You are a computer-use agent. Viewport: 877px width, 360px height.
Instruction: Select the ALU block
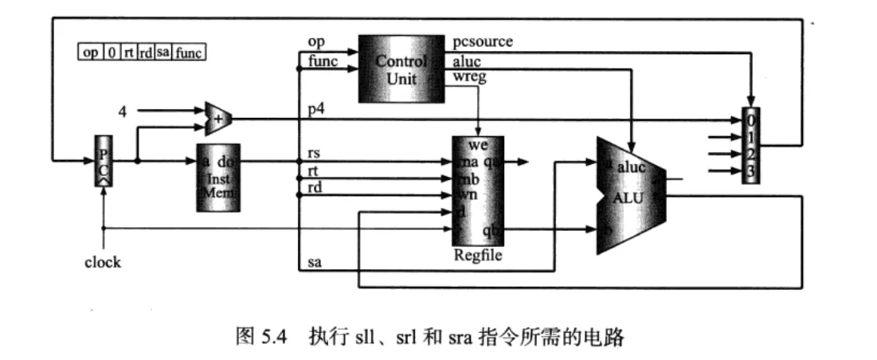pos(631,195)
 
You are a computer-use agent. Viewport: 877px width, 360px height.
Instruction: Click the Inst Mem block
pos(217,178)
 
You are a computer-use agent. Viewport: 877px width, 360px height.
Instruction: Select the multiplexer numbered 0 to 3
pos(750,146)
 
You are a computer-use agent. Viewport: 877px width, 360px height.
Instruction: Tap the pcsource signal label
pos(483,41)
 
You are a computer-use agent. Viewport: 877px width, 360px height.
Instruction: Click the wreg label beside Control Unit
pos(469,77)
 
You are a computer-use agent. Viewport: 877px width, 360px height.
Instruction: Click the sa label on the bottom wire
pos(314,262)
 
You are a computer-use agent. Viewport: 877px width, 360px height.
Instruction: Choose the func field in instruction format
pos(190,53)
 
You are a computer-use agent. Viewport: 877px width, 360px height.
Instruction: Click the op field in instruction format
pos(91,53)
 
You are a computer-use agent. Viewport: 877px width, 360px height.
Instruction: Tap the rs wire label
pos(314,152)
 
